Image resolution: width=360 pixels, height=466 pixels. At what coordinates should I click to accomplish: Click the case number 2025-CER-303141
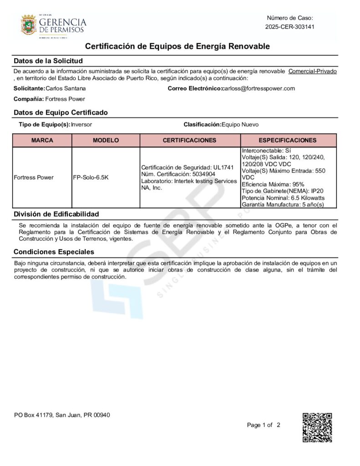290,27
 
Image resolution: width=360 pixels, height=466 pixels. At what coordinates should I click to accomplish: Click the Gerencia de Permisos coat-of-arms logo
29,25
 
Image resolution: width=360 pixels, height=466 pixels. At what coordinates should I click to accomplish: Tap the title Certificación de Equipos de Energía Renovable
177,46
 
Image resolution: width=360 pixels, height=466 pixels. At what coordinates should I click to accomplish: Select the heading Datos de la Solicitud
48,61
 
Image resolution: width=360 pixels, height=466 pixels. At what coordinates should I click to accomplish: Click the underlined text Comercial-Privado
313,71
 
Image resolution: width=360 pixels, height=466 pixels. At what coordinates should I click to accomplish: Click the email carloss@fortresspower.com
259,88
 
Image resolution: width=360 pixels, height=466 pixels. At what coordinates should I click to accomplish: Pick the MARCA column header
42,141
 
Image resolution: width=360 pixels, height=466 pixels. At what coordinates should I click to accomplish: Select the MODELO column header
106,141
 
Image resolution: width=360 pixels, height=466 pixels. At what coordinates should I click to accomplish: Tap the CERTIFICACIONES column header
190,141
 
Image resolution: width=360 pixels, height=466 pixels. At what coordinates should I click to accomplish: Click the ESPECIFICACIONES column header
288,141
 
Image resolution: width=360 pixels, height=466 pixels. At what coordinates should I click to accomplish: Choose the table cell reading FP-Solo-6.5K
91,177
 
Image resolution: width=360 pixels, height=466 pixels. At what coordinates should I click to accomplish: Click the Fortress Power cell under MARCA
34,177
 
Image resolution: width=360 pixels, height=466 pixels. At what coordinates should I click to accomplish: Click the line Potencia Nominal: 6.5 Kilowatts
283,198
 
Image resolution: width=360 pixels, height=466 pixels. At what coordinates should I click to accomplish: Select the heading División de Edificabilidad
56,214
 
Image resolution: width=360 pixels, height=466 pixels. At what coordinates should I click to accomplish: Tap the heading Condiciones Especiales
54,252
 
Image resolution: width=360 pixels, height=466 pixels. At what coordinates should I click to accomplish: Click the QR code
317,427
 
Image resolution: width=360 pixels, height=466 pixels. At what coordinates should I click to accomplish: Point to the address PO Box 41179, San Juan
61,415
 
